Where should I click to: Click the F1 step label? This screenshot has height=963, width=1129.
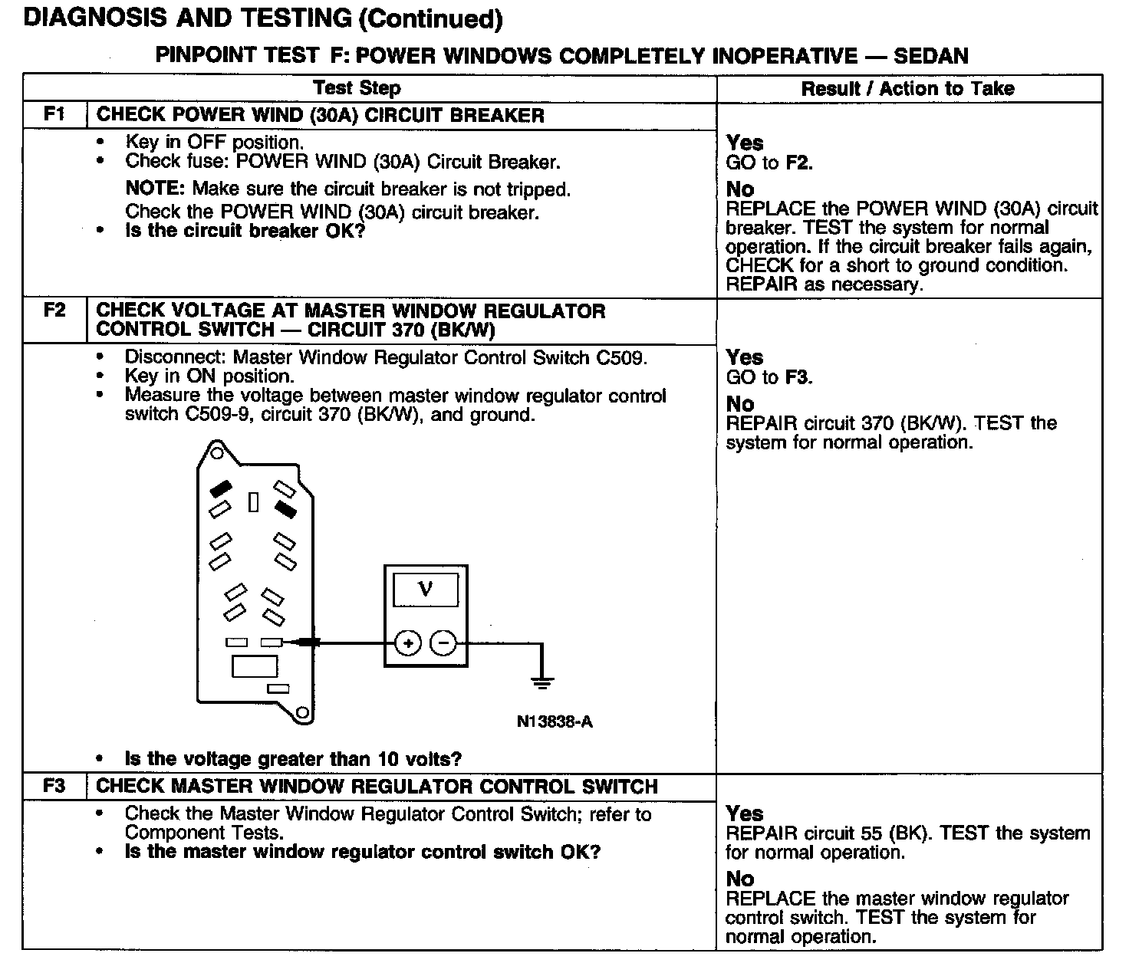click(x=54, y=115)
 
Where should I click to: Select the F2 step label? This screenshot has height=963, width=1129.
click(x=54, y=311)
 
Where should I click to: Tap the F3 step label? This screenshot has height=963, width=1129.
click(x=54, y=786)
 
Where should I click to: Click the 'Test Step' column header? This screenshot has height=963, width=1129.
click(x=357, y=88)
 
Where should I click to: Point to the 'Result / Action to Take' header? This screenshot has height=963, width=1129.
click(x=907, y=89)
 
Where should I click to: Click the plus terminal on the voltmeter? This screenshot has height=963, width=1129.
click(x=408, y=643)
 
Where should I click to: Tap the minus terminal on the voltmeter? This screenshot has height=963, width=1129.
click(x=443, y=643)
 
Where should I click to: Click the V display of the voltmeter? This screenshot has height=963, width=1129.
click(x=426, y=590)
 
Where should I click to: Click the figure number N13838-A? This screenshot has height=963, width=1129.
click(x=555, y=721)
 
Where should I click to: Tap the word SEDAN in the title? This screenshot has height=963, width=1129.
click(x=931, y=56)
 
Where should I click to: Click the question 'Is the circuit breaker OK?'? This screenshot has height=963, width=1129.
click(x=245, y=232)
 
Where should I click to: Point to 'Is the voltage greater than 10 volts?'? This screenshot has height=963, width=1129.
click(x=293, y=759)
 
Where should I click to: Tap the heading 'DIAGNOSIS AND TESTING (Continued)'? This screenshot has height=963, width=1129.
click(x=263, y=18)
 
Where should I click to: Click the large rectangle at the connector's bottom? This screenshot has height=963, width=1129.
click(x=255, y=666)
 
